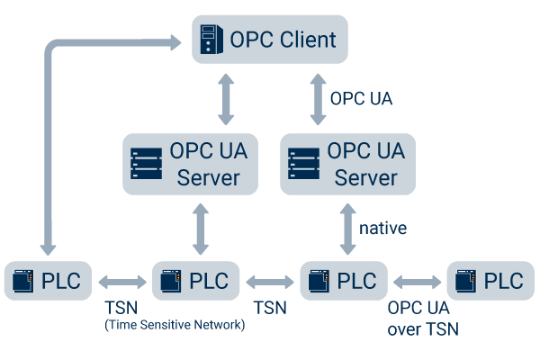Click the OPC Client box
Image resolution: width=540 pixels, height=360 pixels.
[269, 40]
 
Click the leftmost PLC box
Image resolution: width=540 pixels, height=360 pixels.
[48, 281]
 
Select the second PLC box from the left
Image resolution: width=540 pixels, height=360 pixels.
[196, 281]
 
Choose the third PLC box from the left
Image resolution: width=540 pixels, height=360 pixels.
[344, 281]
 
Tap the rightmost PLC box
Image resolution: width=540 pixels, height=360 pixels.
[490, 281]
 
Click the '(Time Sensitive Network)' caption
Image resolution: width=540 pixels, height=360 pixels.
[175, 324]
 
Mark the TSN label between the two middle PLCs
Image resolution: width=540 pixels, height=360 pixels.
[269, 307]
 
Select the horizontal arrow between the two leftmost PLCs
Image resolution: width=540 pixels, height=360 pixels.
[122, 281]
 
